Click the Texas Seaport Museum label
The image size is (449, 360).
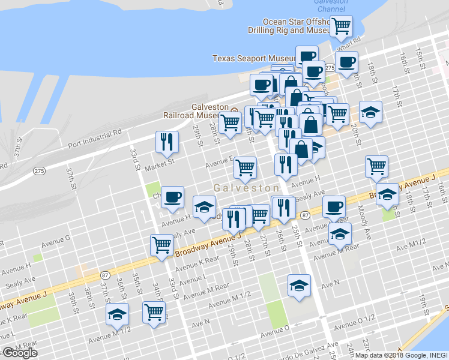pos(252,58)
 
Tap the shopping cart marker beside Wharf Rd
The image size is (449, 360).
pos(341,26)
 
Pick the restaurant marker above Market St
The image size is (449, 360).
pos(167,142)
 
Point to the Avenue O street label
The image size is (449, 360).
pos(274,328)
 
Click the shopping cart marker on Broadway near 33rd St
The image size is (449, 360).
pos(161,245)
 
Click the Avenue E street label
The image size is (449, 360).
pos(220,163)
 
